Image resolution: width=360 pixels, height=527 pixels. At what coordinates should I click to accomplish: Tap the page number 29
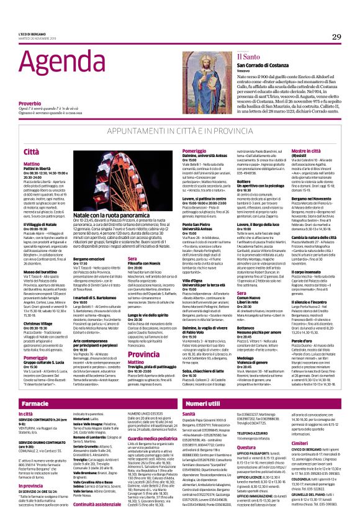click(336, 37)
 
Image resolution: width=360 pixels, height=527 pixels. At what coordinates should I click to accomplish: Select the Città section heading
click(31, 151)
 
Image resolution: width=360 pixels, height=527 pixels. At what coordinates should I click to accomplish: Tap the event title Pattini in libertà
click(37, 169)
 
